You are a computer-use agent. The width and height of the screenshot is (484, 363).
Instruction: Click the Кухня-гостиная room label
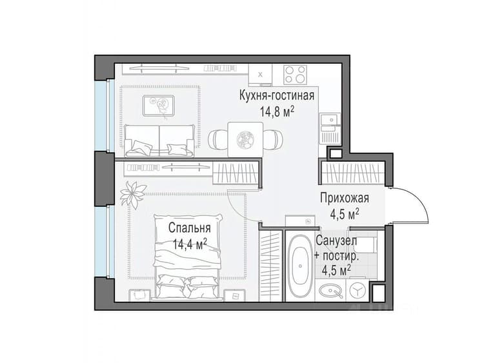pyautogui.click(x=277, y=95)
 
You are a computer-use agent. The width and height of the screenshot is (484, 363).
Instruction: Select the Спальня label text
pyautogui.click(x=190, y=228)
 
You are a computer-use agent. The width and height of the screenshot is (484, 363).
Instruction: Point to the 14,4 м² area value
pyautogui.click(x=190, y=244)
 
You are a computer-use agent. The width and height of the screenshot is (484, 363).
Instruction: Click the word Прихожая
pyautogui.click(x=345, y=198)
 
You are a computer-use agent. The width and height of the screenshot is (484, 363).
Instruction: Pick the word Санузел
pyautogui.click(x=336, y=240)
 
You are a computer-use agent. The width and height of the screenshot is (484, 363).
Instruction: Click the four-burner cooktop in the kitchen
pyautogui.click(x=296, y=75)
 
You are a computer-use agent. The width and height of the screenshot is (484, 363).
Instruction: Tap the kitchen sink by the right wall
pyautogui.click(x=330, y=119)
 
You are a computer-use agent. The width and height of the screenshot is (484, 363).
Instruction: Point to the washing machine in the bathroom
pyautogui.click(x=358, y=290)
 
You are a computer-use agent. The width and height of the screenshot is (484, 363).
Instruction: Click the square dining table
pyautogui.click(x=245, y=139)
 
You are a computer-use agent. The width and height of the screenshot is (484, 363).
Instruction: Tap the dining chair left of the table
pyautogui.click(x=218, y=139)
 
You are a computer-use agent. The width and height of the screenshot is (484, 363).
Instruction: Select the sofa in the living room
pyautogui.click(x=159, y=141)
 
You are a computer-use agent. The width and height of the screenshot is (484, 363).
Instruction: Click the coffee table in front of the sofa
pyautogui.click(x=159, y=106)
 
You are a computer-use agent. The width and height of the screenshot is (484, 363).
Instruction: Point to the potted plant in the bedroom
pyautogui.click(x=133, y=194)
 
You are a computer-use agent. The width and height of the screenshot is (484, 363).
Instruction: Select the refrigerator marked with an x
pyautogui.click(x=260, y=74)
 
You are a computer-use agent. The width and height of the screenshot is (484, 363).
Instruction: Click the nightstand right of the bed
pyautogui.click(x=234, y=295)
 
